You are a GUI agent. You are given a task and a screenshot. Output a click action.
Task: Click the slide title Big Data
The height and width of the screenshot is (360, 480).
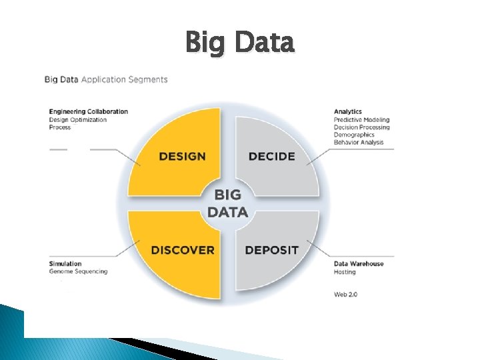coord(239,43)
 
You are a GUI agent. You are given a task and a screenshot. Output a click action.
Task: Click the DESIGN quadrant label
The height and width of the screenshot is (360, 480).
coord(182,157)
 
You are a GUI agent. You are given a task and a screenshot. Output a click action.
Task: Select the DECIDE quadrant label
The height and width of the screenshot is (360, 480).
coord(271,157)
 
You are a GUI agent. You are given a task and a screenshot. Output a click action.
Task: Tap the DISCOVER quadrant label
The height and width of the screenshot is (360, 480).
coord(183,250)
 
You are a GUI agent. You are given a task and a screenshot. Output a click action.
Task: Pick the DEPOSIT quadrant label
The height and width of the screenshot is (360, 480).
coord(271,250)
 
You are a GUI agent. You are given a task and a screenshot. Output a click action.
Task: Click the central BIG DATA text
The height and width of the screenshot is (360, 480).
coord(227,203)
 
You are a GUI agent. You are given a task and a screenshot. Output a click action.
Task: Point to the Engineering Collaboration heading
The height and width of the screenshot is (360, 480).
coord(89,111)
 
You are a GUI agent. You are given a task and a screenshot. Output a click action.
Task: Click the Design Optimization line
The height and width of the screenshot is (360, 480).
coord(78,119)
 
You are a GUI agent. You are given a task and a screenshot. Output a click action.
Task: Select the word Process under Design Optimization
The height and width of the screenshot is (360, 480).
coord(60,127)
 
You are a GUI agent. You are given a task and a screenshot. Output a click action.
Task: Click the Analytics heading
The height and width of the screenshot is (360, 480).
coord(348,111)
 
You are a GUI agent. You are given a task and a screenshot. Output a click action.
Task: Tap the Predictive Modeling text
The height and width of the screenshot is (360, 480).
coord(361,119)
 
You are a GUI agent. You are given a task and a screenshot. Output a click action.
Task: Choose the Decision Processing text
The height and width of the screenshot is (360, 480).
coord(362,127)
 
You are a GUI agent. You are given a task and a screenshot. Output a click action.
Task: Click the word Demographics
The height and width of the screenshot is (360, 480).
coord(354,135)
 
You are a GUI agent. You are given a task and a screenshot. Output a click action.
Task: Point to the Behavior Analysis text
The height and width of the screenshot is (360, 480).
coord(359,142)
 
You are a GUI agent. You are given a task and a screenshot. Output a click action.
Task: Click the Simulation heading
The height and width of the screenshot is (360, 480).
coord(65,263)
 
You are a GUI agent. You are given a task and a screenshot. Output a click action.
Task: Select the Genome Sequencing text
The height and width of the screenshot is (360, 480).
coord(78,271)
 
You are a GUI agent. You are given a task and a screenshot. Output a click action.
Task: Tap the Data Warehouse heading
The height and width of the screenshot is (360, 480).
coord(359,263)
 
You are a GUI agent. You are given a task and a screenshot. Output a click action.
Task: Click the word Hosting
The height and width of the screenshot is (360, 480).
coord(345,272)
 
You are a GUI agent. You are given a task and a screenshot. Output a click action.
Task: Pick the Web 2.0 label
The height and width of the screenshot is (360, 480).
coord(345,294)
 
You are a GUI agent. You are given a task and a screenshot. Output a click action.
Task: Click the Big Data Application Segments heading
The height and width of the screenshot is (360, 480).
coord(106,79)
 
